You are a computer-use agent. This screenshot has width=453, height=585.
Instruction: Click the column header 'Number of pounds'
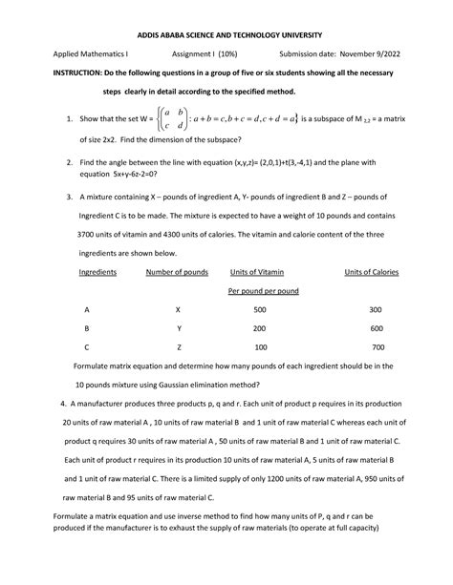point(177,272)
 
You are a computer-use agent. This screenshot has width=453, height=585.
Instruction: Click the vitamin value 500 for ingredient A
point(260,310)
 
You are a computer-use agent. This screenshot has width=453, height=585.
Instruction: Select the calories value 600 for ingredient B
point(376,328)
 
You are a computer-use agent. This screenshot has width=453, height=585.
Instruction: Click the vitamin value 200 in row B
point(260,328)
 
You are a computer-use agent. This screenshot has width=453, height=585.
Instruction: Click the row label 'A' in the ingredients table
point(87,310)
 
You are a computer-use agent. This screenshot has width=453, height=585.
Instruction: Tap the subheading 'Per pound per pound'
point(263,290)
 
